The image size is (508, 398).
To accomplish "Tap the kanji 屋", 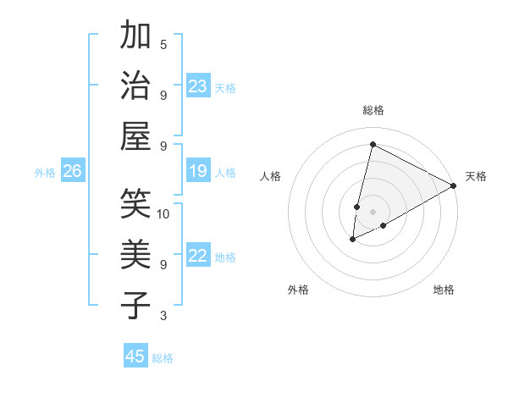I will (136, 135).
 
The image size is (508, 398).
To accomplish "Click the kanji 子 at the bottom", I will (136, 304).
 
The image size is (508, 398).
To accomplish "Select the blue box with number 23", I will (198, 86).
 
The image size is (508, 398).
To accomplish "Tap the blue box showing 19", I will (198, 172).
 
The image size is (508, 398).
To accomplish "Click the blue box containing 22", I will (198, 257).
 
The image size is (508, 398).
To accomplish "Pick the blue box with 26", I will (73, 172).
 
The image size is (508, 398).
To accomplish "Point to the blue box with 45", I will (135, 357).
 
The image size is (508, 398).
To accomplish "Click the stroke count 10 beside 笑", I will (163, 213).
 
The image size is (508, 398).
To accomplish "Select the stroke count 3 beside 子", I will (163, 316).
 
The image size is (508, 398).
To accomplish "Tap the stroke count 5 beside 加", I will (163, 44).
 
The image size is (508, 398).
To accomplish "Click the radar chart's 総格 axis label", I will (373, 110).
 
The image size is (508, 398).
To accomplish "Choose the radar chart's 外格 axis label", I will (298, 290).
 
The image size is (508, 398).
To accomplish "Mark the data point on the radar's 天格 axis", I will (454, 186).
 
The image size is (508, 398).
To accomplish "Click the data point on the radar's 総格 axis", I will (373, 144).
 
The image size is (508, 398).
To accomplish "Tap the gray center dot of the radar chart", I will (373, 211).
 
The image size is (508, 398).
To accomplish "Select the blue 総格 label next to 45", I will (163, 357).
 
